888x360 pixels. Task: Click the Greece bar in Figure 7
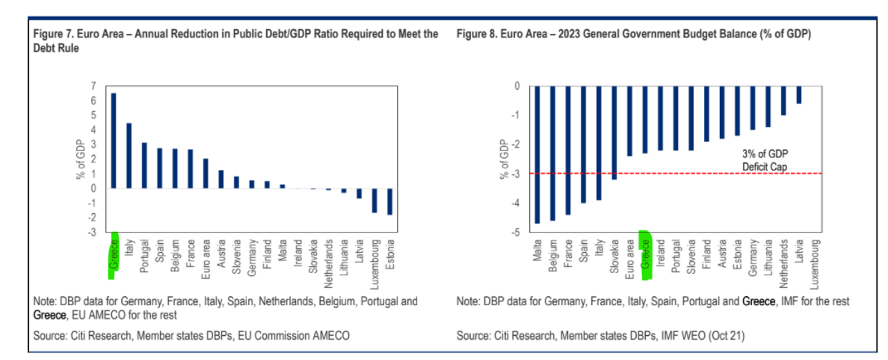pyautogui.click(x=114, y=140)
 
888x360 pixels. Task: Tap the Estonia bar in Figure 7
pyautogui.click(x=390, y=202)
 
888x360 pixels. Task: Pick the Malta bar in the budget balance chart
pyautogui.click(x=537, y=154)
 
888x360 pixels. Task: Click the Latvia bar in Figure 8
pyautogui.click(x=799, y=95)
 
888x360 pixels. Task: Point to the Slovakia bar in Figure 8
pyautogui.click(x=614, y=133)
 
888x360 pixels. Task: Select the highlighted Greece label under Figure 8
pyautogui.click(x=645, y=253)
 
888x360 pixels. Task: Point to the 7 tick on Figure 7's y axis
pyautogui.click(x=92, y=85)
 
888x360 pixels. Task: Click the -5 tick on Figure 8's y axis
pyautogui.click(x=516, y=233)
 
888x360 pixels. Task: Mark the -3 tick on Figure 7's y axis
pyautogui.click(x=91, y=232)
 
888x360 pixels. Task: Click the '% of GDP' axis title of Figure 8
pyautogui.click(x=503, y=158)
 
